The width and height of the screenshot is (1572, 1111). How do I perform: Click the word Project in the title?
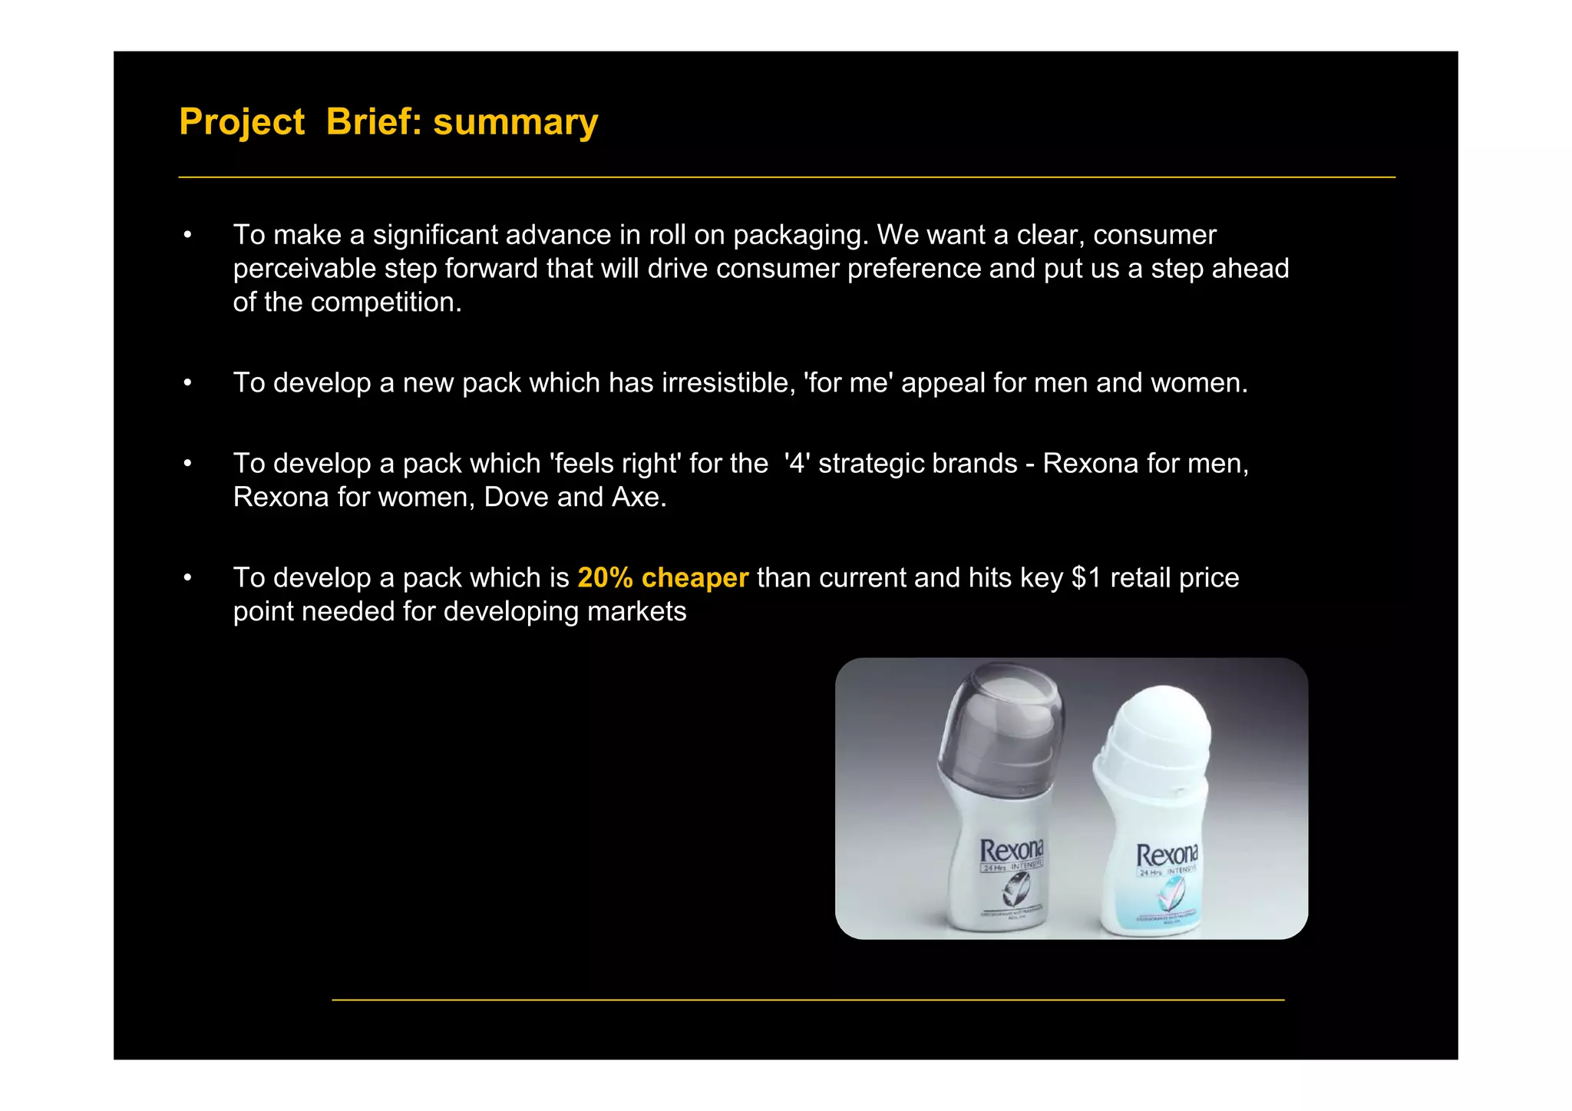pos(242,122)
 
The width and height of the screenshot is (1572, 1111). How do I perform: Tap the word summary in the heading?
pos(515,122)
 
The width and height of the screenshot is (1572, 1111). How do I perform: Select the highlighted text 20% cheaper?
pos(662,577)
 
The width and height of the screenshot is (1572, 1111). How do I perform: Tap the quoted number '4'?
pos(797,463)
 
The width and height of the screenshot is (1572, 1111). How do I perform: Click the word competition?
pos(386,302)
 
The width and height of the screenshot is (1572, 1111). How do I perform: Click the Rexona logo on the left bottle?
pos(1012,850)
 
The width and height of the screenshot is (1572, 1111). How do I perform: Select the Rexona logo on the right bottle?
pos(1167,855)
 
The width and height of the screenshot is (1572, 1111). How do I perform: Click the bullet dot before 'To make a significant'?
pos(187,235)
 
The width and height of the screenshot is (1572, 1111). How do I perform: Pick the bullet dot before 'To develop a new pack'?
pos(187,382)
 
